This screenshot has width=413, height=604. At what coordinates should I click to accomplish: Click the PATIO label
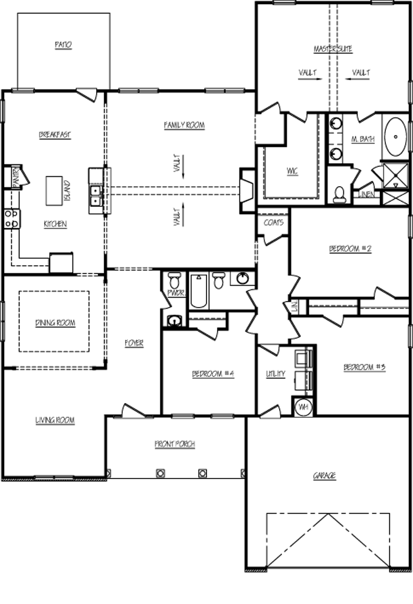click(x=63, y=45)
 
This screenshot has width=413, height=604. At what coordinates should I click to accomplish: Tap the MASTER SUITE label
click(x=333, y=49)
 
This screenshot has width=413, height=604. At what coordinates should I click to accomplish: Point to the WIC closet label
click(x=292, y=171)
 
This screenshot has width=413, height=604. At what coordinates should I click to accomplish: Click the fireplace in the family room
click(x=247, y=190)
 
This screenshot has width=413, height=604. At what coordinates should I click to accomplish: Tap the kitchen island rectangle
click(x=55, y=189)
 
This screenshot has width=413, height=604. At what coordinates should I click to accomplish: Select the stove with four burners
click(x=12, y=219)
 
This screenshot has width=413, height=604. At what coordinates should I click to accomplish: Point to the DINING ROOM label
click(x=54, y=322)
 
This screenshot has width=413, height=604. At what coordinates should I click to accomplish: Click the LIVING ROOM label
click(x=54, y=420)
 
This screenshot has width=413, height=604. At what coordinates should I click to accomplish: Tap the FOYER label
click(x=134, y=343)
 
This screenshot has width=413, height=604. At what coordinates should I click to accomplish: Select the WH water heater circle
click(x=304, y=407)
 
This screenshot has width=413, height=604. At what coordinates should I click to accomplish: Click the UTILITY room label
click(x=276, y=374)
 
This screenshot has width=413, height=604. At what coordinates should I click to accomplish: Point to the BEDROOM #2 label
click(x=350, y=249)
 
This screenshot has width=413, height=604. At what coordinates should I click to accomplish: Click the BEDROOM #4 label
click(x=213, y=374)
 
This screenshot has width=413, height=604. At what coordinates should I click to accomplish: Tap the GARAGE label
click(x=324, y=475)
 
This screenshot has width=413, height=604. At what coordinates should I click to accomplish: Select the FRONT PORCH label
click(x=175, y=444)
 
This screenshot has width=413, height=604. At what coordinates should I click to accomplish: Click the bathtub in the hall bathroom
click(x=198, y=292)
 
